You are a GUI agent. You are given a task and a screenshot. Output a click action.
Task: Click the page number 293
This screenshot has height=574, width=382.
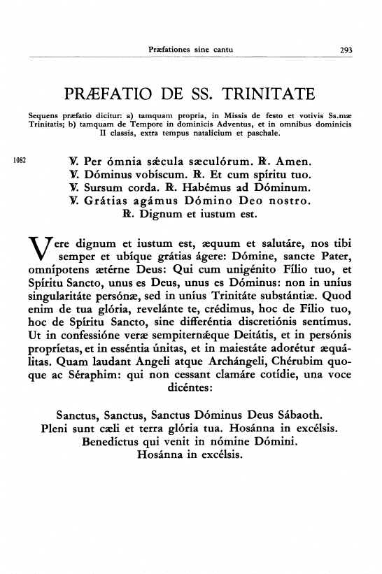[x=346, y=50]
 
